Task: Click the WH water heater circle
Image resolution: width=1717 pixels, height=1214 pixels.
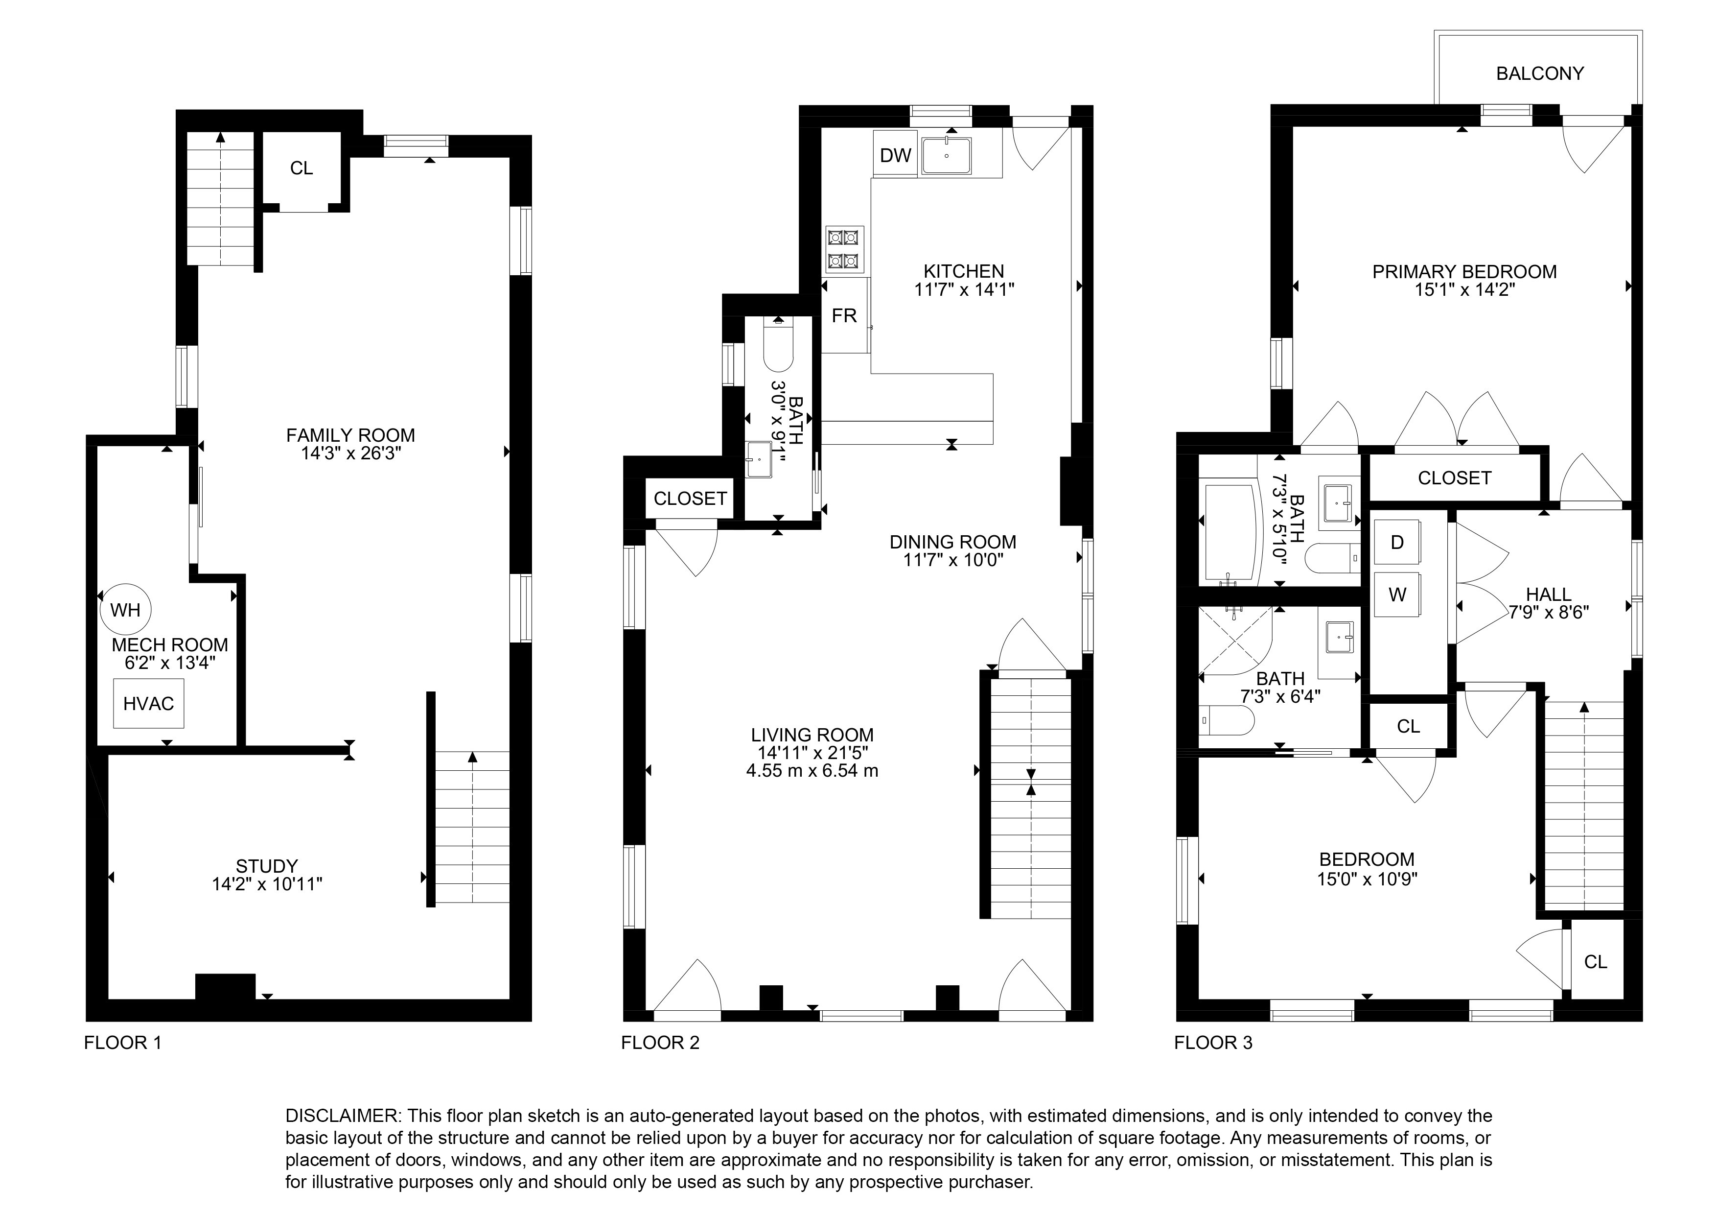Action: tap(126, 610)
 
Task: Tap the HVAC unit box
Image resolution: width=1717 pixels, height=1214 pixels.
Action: tap(148, 703)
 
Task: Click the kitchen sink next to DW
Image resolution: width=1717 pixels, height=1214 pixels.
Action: tap(947, 156)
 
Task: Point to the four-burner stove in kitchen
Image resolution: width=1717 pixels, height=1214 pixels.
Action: tap(845, 249)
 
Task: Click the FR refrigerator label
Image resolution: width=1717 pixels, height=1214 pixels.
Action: tap(844, 316)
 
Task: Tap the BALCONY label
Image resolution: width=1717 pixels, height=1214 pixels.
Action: tap(1539, 73)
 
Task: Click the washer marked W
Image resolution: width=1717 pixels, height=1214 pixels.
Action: tap(1397, 595)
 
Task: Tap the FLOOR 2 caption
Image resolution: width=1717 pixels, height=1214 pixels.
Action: tap(660, 1043)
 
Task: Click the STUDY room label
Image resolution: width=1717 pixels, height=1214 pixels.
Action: tap(267, 866)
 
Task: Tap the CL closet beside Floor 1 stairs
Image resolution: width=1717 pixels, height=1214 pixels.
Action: tap(302, 168)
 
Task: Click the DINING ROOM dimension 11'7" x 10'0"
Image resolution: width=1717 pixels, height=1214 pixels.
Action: tap(953, 560)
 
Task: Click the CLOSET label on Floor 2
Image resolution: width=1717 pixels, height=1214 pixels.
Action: tap(690, 498)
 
